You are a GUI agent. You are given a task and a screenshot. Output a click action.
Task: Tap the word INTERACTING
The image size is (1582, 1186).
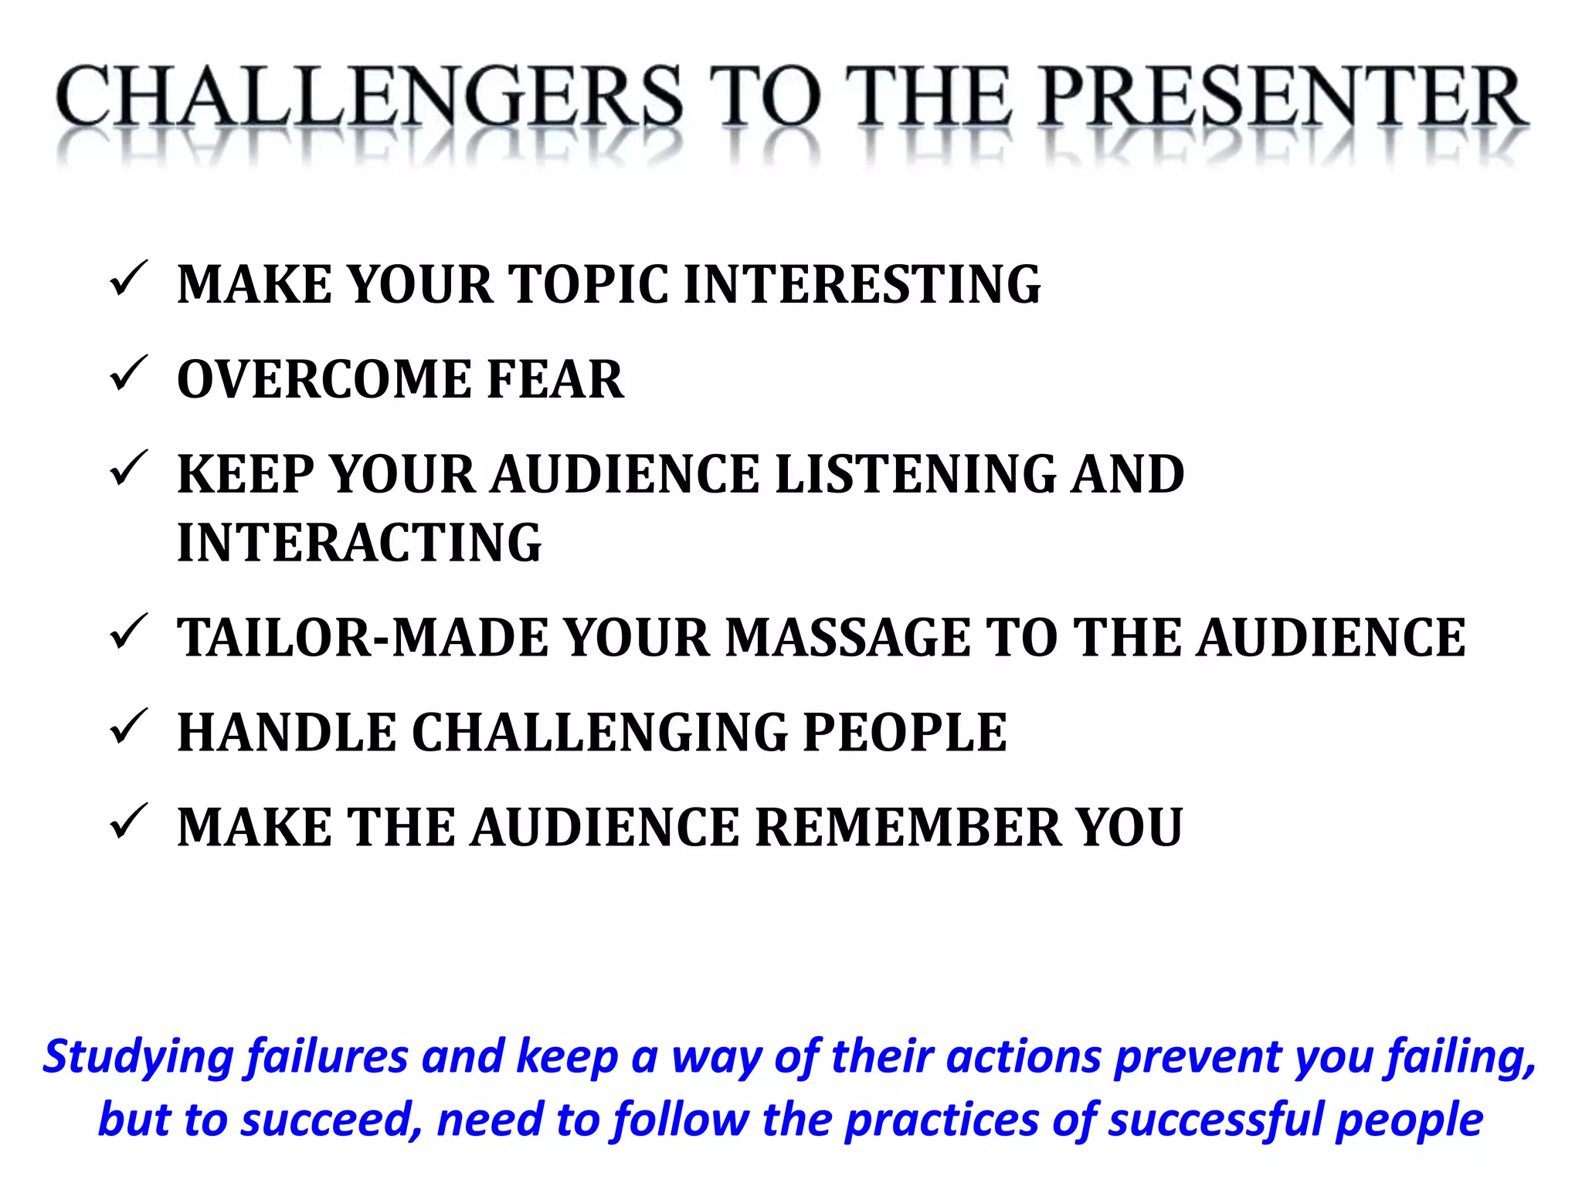coord(359,543)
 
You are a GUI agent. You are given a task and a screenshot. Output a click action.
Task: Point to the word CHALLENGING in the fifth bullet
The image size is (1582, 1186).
coord(599,733)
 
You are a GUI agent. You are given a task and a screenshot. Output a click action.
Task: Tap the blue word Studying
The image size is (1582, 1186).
coord(137,1058)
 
